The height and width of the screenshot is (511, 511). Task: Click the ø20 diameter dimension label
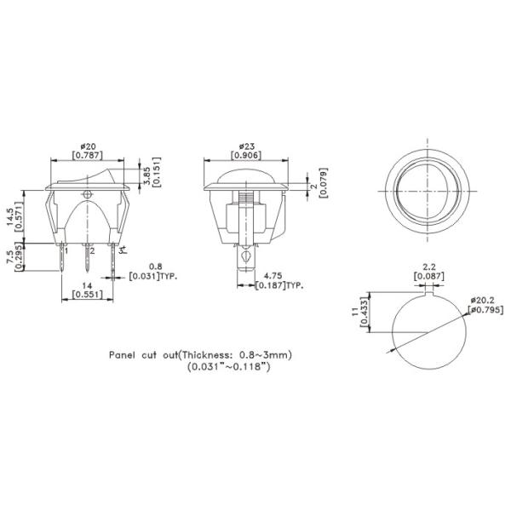(88, 146)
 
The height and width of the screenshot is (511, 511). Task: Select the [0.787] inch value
(88, 156)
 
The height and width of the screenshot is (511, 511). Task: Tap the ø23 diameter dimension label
(246, 146)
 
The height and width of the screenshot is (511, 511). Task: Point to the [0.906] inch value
(246, 156)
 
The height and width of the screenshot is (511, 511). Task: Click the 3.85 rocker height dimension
(147, 176)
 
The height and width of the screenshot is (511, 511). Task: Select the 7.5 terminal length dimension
(10, 257)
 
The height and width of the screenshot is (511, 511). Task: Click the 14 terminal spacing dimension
(87, 286)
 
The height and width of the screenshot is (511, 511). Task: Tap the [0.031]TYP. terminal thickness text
(153, 277)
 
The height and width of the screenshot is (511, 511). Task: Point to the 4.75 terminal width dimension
(273, 276)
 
